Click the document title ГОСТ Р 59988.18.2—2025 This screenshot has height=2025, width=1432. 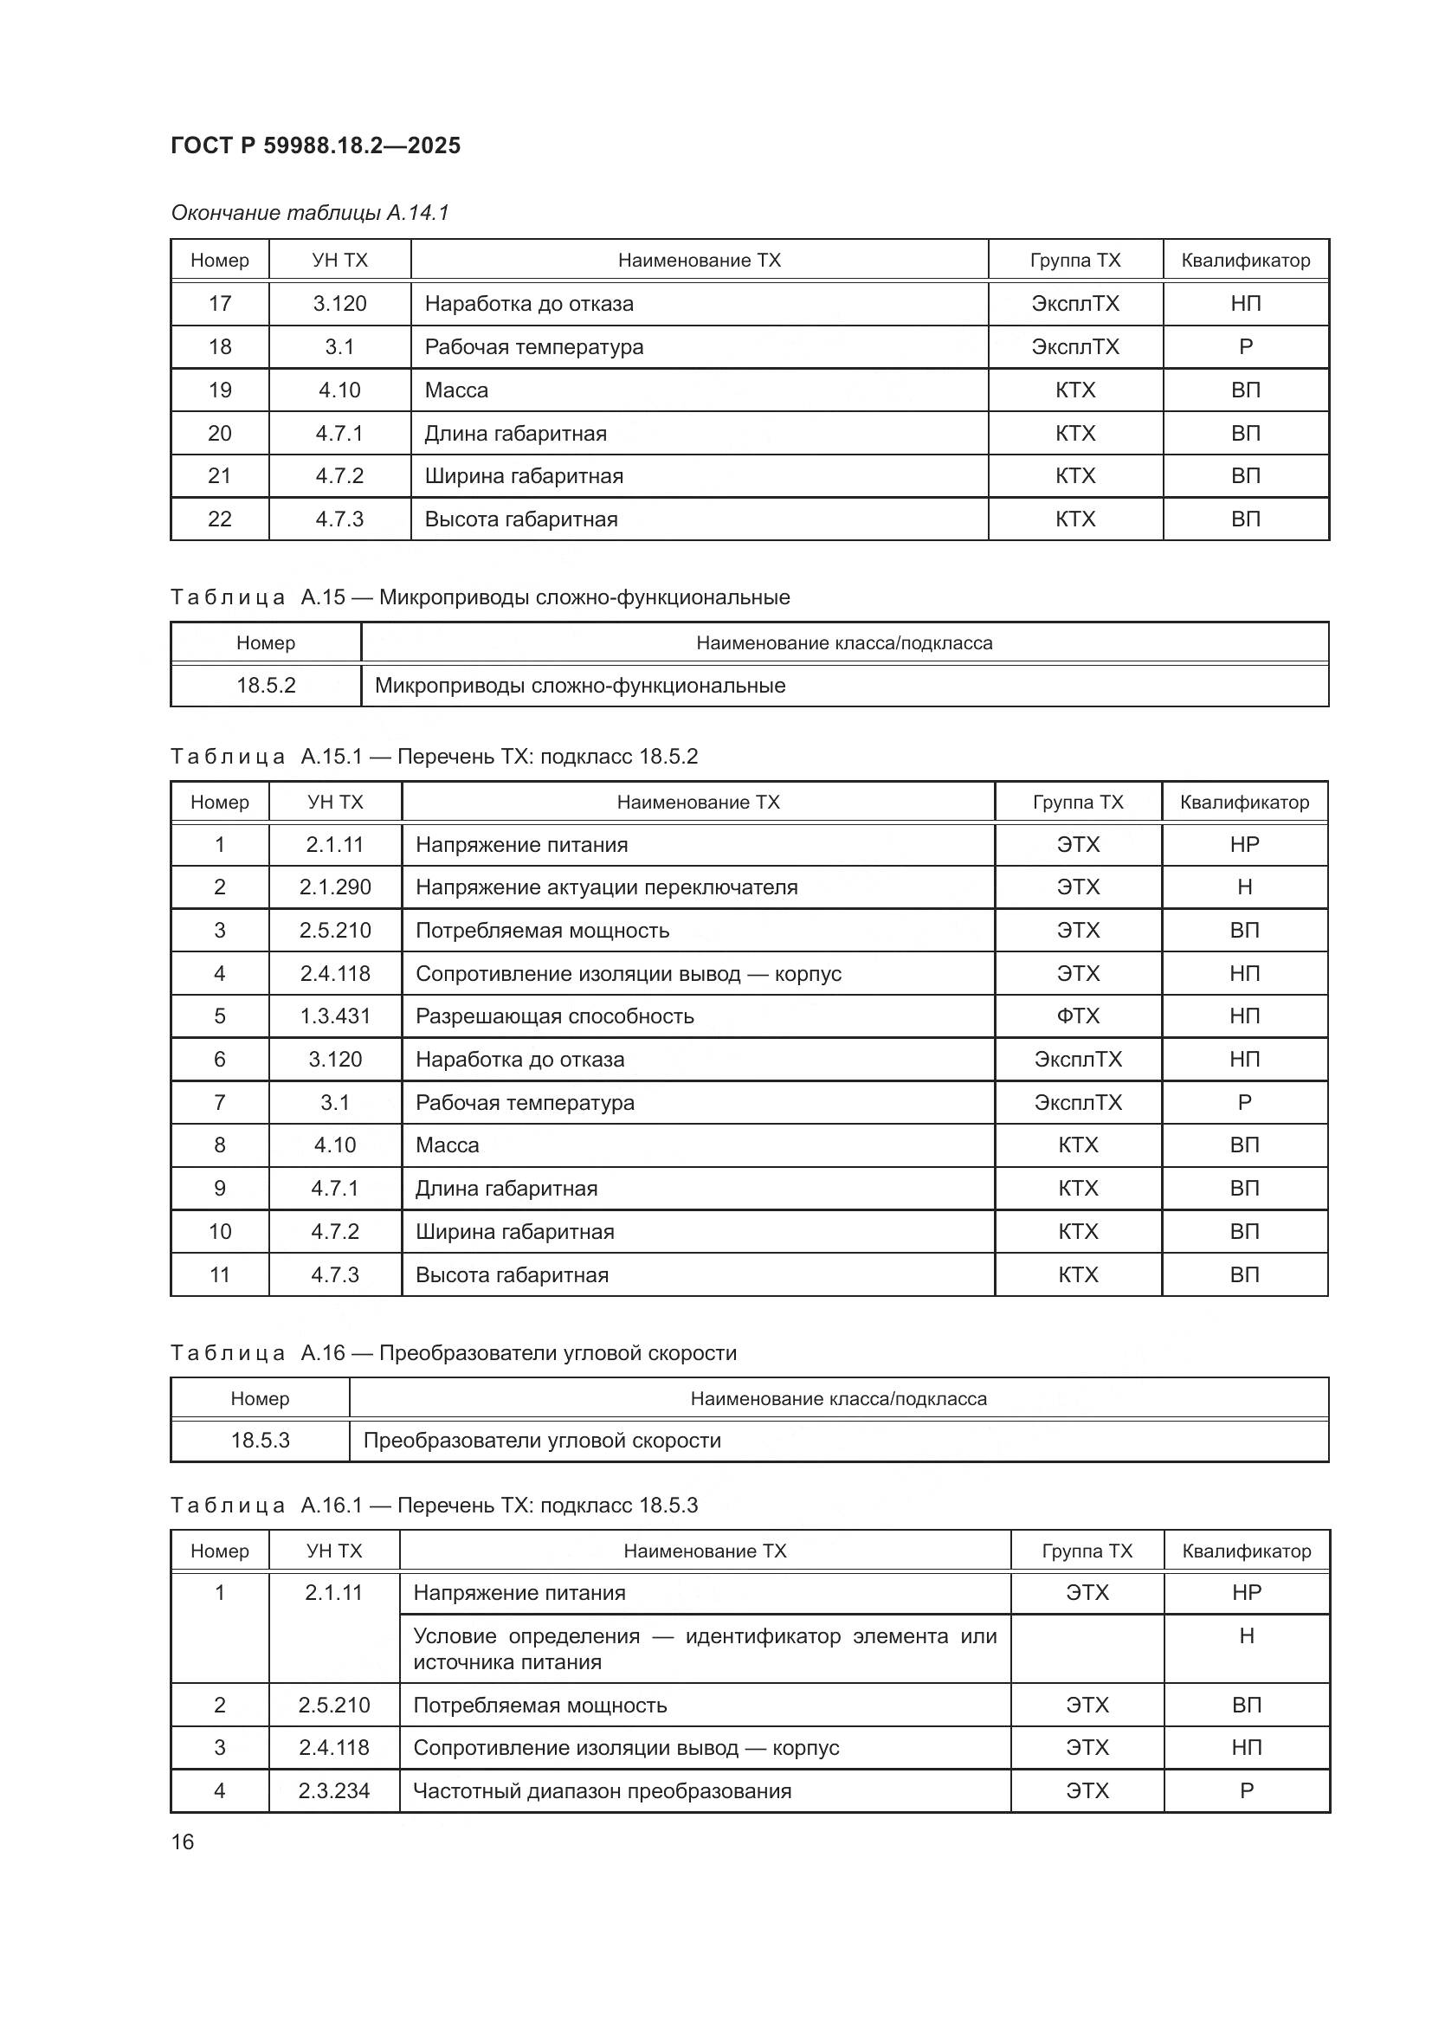[x=315, y=145]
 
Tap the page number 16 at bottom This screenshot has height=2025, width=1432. [x=183, y=1841]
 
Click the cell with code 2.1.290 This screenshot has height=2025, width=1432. [x=335, y=887]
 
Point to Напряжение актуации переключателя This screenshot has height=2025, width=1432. [x=606, y=887]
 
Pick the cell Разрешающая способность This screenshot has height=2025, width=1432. [x=554, y=1016]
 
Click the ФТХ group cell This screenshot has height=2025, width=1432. [x=1078, y=1016]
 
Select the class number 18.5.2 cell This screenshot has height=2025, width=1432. [x=266, y=686]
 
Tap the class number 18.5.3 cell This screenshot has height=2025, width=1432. [x=260, y=1441]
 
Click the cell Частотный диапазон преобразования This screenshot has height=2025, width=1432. [x=603, y=1790]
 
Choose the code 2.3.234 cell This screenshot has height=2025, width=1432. [x=334, y=1790]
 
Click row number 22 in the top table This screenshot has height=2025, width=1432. [x=220, y=519]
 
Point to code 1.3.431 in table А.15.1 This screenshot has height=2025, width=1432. [x=335, y=1016]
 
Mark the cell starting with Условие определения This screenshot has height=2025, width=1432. [x=704, y=1648]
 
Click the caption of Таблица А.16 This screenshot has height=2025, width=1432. [x=453, y=1353]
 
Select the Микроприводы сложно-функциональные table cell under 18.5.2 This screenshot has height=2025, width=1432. [x=579, y=686]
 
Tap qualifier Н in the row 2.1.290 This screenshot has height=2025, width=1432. [x=1244, y=887]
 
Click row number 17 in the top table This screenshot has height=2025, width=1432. [x=220, y=303]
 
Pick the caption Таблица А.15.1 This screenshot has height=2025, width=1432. [x=433, y=757]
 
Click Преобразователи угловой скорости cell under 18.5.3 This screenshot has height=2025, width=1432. [x=541, y=1441]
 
